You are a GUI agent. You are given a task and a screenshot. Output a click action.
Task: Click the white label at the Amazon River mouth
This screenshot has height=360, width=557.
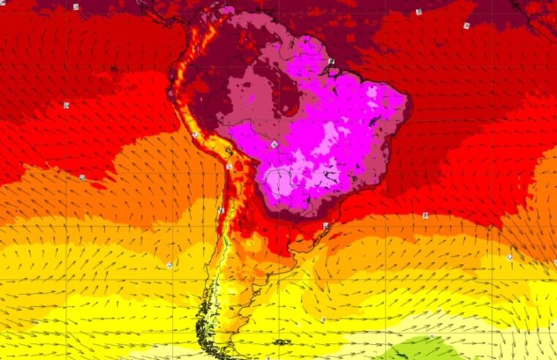pos(331,61)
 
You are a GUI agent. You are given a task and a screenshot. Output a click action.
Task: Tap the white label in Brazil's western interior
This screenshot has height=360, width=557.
pos(274,145)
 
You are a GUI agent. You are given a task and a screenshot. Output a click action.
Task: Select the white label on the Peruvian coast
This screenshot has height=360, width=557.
pos(195,135)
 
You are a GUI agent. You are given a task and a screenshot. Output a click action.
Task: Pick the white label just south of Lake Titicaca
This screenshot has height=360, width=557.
pos(229,168)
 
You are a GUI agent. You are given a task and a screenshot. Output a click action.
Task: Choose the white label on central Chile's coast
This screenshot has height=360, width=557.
pos(220,211)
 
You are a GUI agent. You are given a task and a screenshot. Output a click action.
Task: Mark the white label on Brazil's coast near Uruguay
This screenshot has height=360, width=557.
pos(326,225)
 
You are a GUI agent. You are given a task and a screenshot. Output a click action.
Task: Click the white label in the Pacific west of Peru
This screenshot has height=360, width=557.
pos(67,105)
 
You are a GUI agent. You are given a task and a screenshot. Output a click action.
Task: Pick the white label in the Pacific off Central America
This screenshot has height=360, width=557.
pos(76,7)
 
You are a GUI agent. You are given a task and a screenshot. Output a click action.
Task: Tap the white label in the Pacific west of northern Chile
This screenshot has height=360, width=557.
pos(82,177)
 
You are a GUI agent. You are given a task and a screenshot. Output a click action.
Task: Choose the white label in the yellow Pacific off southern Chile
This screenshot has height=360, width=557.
pos(169,265)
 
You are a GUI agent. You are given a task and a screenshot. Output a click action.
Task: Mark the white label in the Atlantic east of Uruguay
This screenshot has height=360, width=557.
pos(425,215)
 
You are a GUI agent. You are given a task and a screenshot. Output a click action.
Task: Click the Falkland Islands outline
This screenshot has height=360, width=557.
pos(280,342)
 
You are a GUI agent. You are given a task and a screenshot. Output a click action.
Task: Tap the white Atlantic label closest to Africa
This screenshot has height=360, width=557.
pos(466,26)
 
